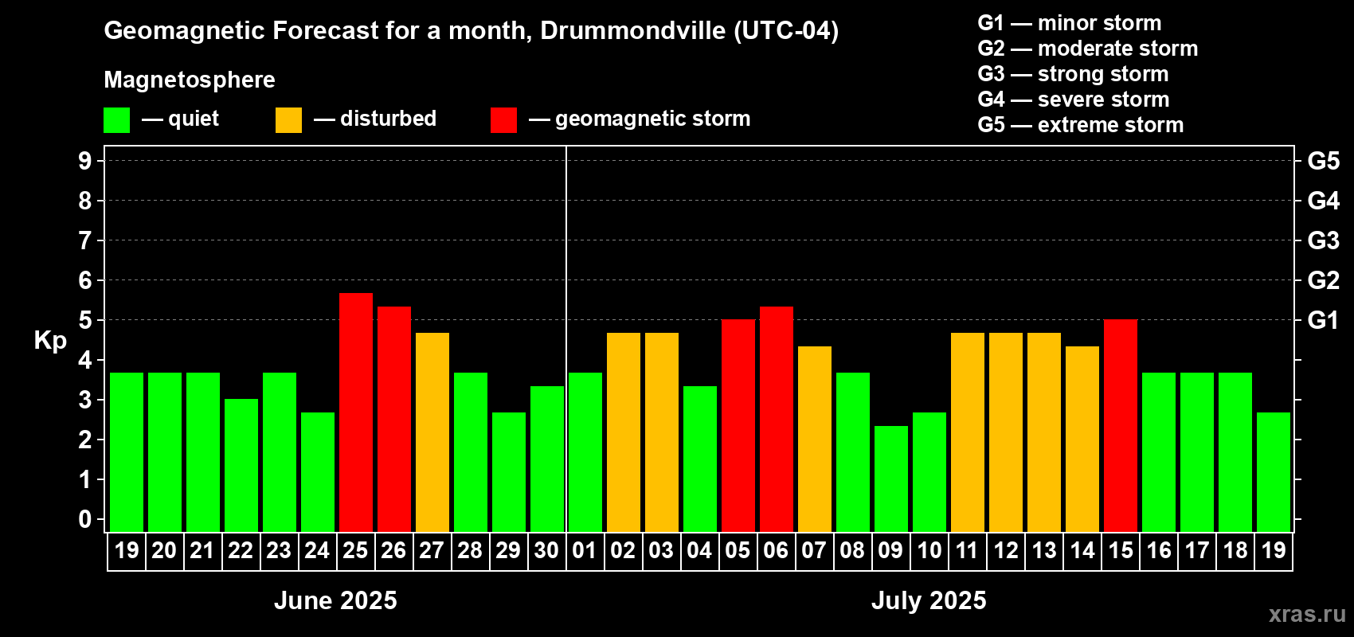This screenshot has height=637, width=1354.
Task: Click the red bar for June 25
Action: (x=356, y=412)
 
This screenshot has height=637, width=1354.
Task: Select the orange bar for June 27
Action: (x=432, y=432)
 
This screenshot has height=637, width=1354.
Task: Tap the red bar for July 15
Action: (x=1121, y=425)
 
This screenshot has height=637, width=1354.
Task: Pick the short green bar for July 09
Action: (x=891, y=479)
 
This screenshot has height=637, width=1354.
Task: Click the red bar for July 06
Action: (x=777, y=419)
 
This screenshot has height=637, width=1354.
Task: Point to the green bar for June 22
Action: (x=241, y=465)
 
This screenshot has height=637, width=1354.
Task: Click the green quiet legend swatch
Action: (x=117, y=120)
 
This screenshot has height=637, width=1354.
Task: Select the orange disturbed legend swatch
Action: (x=288, y=120)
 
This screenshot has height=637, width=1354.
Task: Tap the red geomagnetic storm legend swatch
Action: (x=503, y=120)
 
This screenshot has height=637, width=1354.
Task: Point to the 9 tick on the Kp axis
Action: (x=85, y=161)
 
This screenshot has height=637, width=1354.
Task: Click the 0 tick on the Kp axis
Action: (x=85, y=519)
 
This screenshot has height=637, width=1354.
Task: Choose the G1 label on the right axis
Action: (x=1323, y=320)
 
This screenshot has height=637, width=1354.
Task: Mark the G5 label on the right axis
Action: (x=1323, y=161)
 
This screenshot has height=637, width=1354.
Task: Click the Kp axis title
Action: (x=50, y=340)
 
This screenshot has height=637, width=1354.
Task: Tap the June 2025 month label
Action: (x=335, y=600)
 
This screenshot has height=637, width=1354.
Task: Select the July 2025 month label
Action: (x=929, y=600)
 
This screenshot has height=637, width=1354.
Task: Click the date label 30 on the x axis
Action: (x=546, y=550)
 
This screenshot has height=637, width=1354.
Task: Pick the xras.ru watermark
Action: (x=1307, y=614)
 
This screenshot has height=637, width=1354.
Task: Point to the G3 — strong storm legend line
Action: (x=1073, y=74)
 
